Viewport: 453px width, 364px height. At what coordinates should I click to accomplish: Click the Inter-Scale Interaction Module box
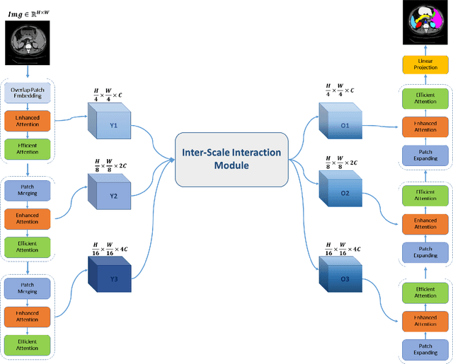231,158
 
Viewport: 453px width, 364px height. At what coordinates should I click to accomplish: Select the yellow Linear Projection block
425,64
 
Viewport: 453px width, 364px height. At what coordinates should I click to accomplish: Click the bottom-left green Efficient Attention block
27,345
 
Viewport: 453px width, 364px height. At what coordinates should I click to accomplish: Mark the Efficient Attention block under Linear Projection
425,98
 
